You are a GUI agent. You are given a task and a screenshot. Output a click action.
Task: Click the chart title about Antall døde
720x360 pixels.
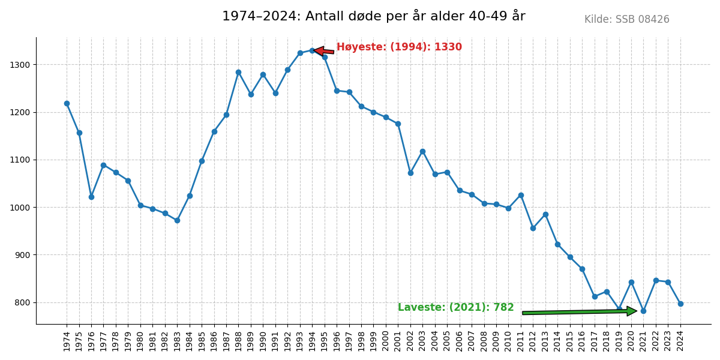pyautogui.click(x=373, y=16)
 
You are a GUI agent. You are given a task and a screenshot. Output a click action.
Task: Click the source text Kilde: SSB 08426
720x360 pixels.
pyautogui.click(x=626, y=20)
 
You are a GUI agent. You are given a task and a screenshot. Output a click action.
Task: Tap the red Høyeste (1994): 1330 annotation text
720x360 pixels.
pyautogui.click(x=399, y=47)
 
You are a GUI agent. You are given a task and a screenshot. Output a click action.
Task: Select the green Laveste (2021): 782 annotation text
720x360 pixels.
pyautogui.click(x=455, y=308)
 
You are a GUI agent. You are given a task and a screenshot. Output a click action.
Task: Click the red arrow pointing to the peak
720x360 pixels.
pyautogui.click(x=324, y=51)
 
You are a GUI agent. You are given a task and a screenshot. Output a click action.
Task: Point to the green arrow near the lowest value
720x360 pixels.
pyautogui.click(x=579, y=312)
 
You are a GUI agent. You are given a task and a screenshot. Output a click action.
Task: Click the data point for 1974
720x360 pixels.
pyautogui.click(x=67, y=103)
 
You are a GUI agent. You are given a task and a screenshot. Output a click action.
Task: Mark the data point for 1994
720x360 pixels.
pyautogui.click(x=312, y=50)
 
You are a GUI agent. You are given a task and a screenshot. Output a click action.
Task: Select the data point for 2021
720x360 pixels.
pyautogui.click(x=643, y=311)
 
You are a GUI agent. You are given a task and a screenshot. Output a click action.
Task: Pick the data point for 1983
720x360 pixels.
pyautogui.click(x=177, y=220)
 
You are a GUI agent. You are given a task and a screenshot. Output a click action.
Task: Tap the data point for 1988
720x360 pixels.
pyautogui.click(x=238, y=72)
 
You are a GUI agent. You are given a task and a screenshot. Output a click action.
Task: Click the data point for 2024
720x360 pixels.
pyautogui.click(x=680, y=304)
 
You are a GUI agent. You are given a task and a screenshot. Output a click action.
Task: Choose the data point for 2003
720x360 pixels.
pyautogui.click(x=422, y=151)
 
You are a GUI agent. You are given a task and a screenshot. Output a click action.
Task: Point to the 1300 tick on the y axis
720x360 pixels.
pyautogui.click(x=22, y=65)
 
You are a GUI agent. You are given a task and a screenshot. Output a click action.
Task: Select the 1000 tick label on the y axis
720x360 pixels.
pyautogui.click(x=22, y=208)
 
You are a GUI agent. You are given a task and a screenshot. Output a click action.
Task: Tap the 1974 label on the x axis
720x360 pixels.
pyautogui.click(x=67, y=341)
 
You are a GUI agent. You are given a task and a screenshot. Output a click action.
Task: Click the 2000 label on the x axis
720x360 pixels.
pyautogui.click(x=386, y=341)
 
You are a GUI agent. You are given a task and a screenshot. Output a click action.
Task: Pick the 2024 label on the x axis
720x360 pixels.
pyautogui.click(x=680, y=341)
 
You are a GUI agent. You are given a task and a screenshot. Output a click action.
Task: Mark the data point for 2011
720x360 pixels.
pyautogui.click(x=521, y=195)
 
